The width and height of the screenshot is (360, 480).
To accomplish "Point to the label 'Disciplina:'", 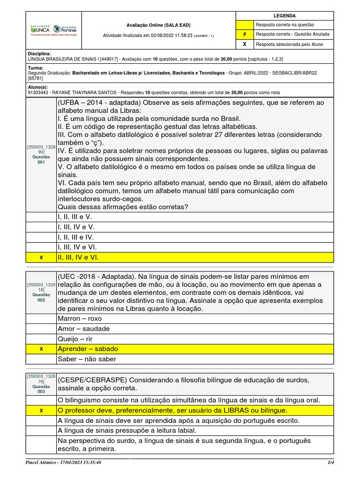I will [39, 54].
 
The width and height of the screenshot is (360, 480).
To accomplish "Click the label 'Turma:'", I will [36, 68].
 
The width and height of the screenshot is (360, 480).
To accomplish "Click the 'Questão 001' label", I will [41, 159].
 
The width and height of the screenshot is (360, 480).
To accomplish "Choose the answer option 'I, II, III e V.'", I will [74, 217].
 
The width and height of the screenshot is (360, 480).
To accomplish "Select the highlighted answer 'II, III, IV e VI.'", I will [78, 257].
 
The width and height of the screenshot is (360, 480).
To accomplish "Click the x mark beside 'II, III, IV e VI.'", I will [41, 257].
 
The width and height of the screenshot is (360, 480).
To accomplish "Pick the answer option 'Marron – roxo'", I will [79, 318].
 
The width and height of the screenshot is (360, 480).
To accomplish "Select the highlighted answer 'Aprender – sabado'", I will [88, 349].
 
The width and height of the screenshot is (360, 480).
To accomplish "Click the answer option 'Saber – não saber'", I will [87, 359].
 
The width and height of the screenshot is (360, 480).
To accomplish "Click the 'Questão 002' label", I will [41, 297].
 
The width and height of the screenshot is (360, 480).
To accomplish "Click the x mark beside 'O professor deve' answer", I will [41, 410].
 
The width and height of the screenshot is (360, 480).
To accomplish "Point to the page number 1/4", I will [330, 462].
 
